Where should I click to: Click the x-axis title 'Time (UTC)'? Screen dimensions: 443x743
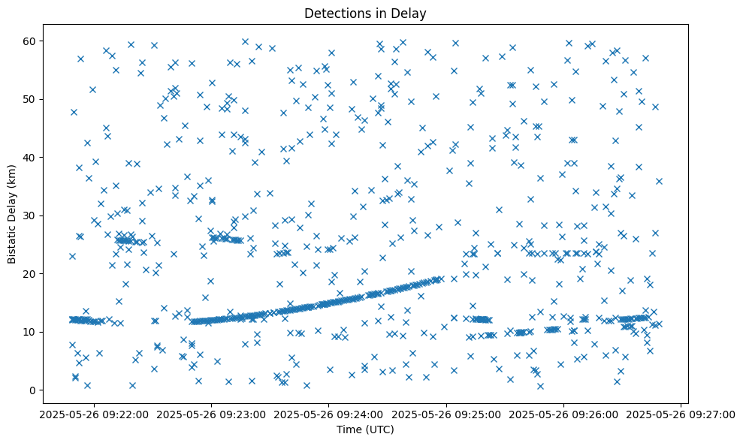364,429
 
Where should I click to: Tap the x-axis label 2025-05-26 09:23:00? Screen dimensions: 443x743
211,414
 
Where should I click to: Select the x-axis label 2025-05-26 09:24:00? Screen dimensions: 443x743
329,414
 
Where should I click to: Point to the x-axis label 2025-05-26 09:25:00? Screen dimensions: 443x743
446,414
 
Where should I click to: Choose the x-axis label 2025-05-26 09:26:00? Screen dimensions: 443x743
564,414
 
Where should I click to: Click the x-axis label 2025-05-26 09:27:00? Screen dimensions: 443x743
681,414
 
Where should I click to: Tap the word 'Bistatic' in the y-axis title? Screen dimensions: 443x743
13,240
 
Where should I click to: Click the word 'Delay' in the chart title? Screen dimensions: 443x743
409,13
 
